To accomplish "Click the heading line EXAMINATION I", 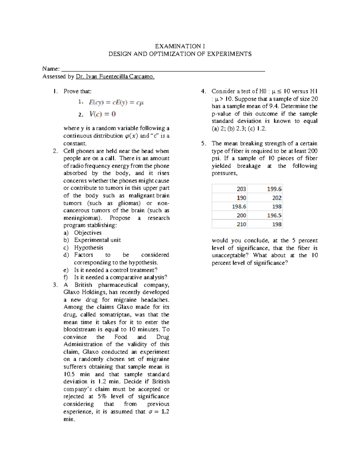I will [x=180, y=46].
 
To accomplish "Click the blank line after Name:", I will [x=163, y=69].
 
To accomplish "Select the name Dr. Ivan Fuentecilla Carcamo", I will [x=115, y=77].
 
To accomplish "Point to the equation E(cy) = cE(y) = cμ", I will [x=116, y=103].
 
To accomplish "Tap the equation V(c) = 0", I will [x=103, y=114].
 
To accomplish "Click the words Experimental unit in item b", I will [x=97, y=240].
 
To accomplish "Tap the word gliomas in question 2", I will [x=129, y=203].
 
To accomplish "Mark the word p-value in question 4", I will [x=221, y=114].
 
